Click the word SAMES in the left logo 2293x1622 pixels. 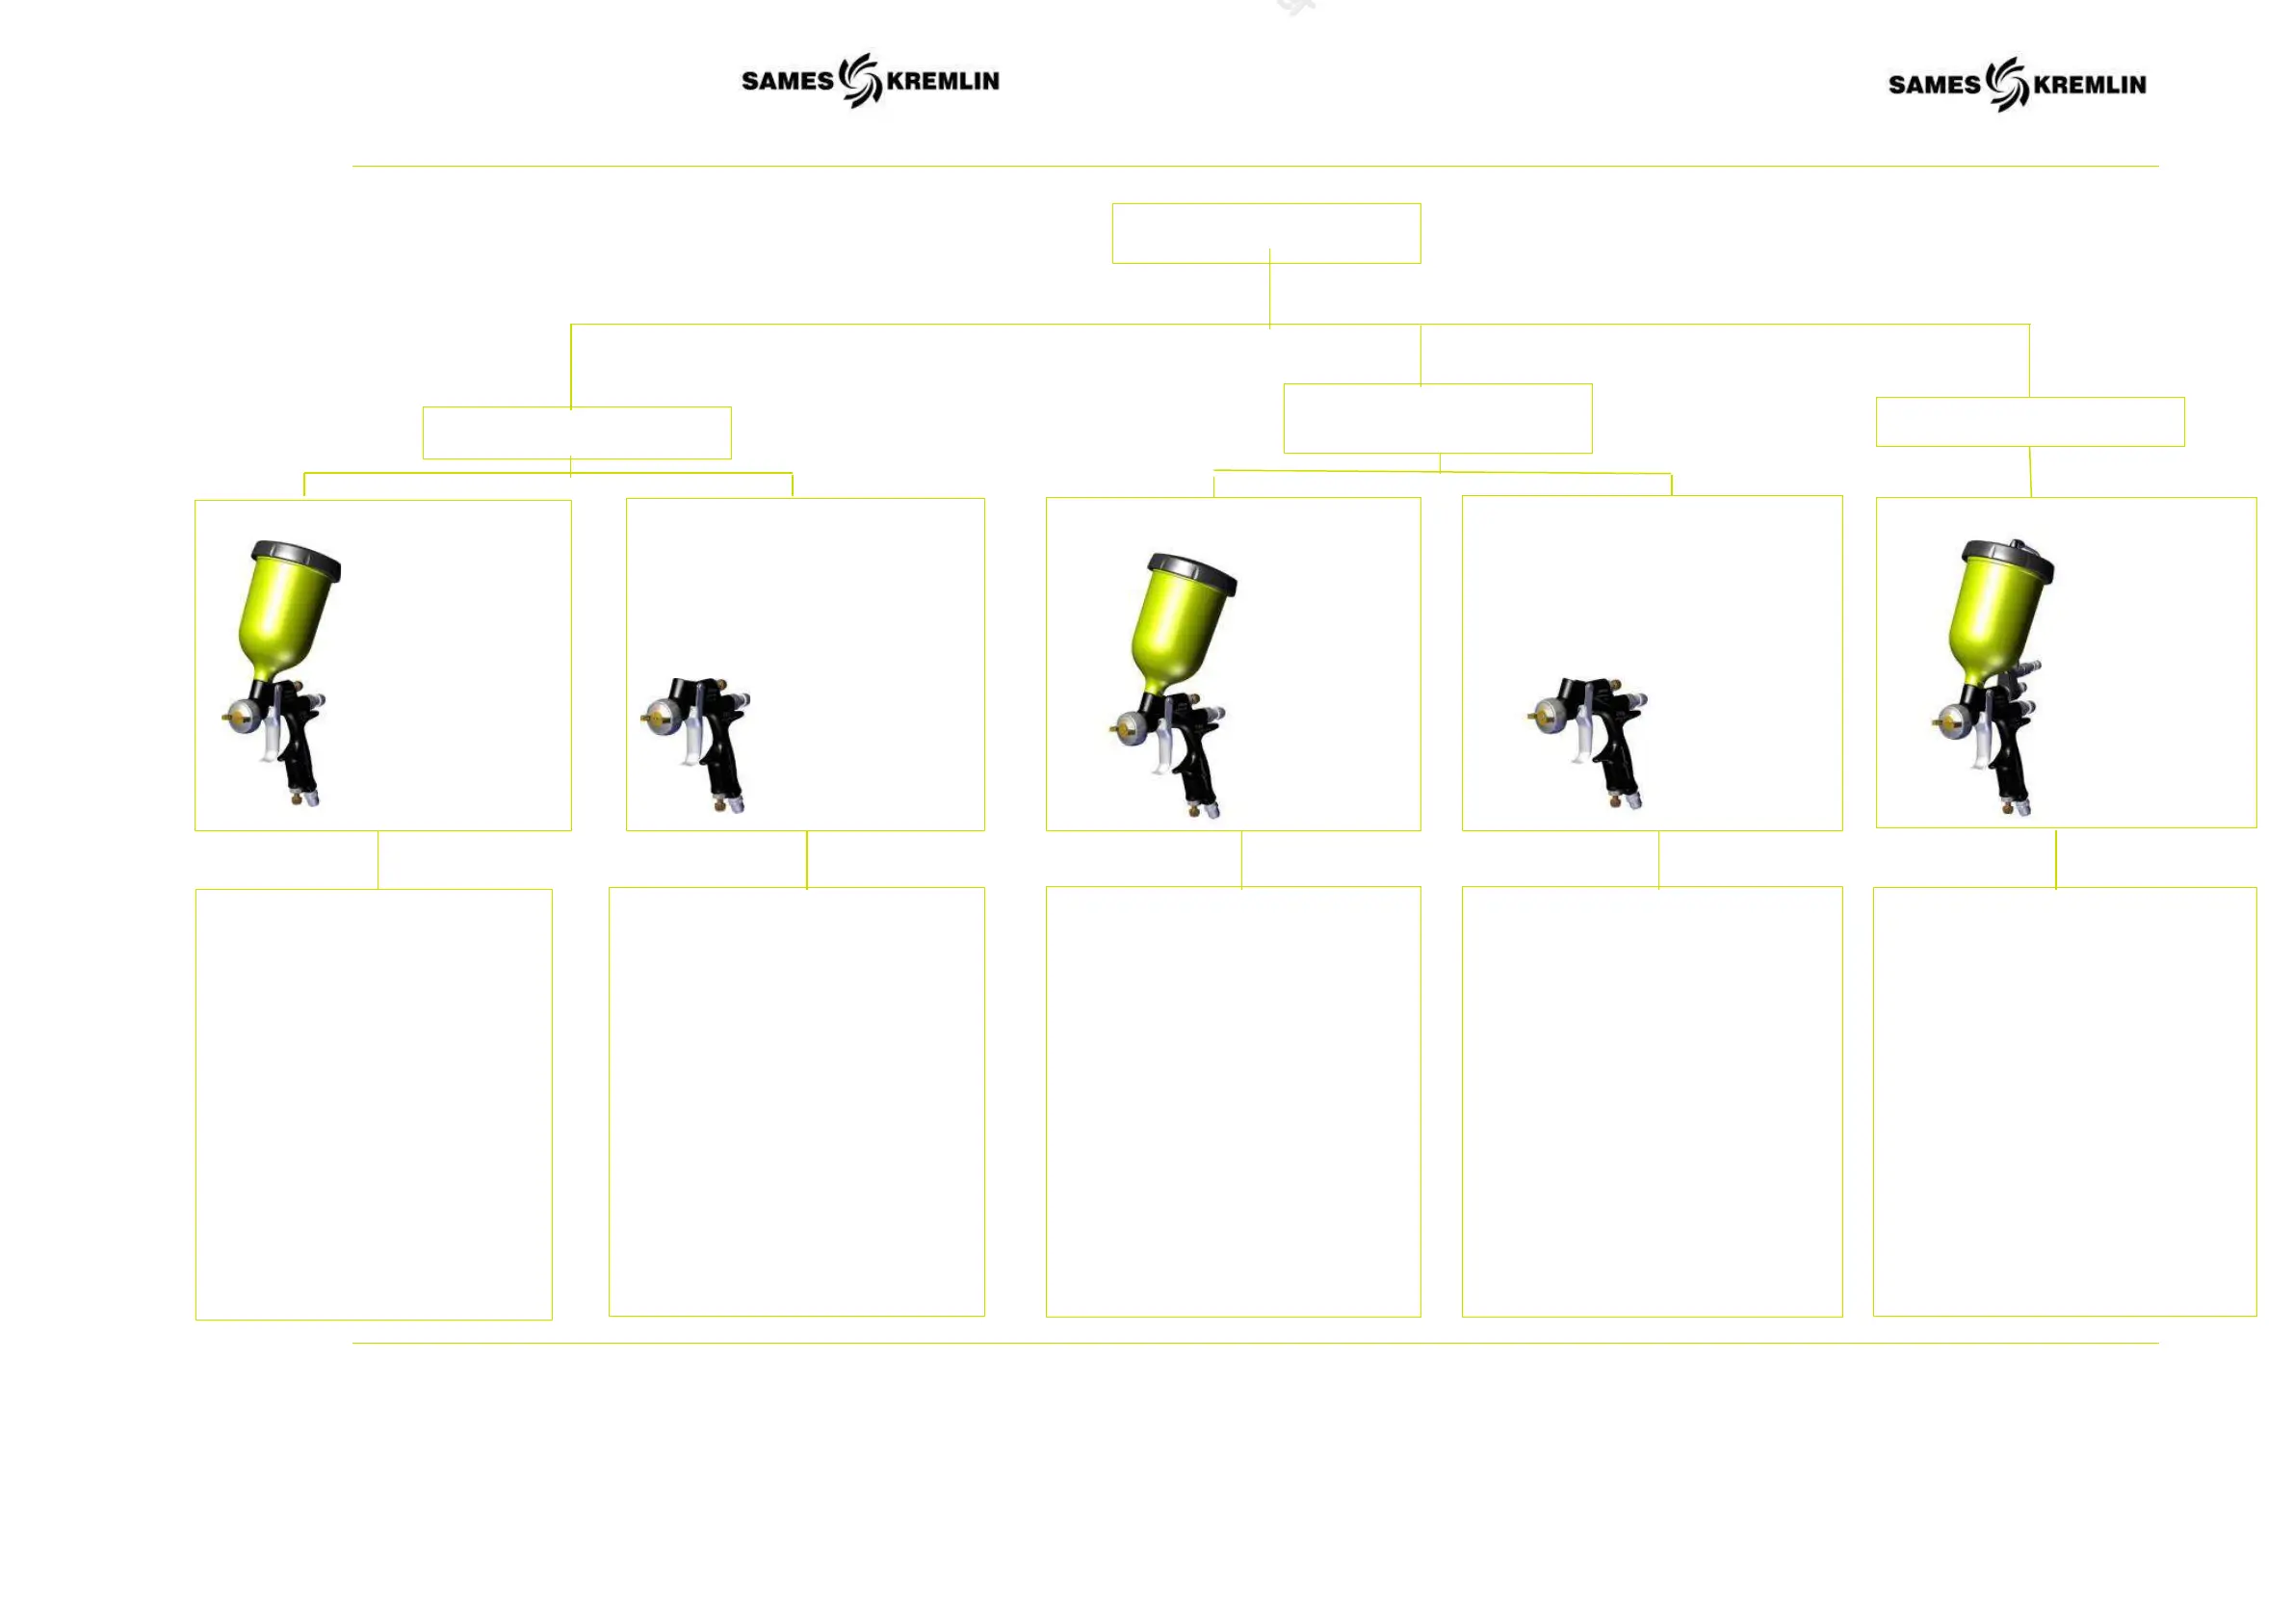tap(786, 81)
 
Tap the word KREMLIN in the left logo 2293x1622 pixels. tap(942, 81)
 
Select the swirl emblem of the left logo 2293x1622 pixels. tap(860, 80)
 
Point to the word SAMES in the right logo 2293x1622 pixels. tap(1933, 85)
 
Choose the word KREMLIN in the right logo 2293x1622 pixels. tap(2089, 85)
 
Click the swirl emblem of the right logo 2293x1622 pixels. tap(2006, 84)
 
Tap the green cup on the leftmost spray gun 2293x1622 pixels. tap(285, 624)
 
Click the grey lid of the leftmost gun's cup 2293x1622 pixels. tap(297, 559)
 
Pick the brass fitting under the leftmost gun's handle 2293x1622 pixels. tap(296, 798)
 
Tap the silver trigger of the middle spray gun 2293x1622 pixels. tap(1161, 750)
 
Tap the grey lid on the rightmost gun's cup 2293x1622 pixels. tap(2007, 558)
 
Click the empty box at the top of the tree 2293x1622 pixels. tap(1265, 234)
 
